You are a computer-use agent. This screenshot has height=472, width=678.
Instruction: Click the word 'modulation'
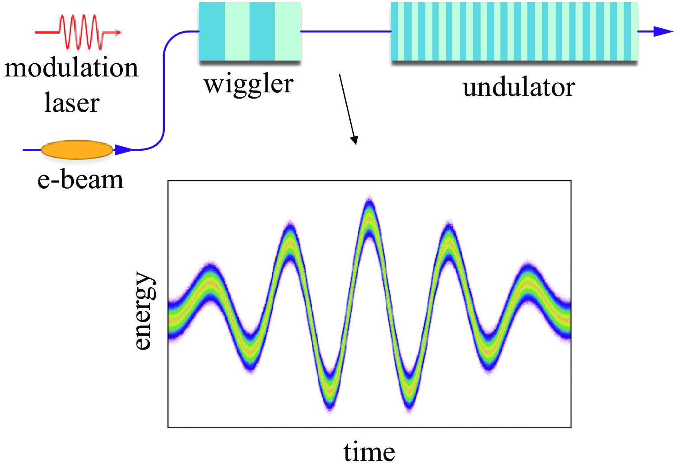click(72, 69)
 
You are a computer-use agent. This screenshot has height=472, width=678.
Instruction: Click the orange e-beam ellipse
click(77, 150)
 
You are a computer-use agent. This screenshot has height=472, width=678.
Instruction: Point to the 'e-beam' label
click(80, 180)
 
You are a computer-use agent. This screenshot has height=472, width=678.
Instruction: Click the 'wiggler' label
click(248, 84)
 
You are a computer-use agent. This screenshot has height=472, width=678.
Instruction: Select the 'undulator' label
click(519, 87)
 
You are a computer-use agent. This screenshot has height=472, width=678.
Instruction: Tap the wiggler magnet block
click(250, 32)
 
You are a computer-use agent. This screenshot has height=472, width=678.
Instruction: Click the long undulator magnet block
click(514, 32)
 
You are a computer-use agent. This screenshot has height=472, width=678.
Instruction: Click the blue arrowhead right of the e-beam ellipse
click(123, 150)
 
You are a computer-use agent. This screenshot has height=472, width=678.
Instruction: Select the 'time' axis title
click(369, 452)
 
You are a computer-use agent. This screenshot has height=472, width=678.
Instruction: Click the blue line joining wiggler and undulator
click(345, 31)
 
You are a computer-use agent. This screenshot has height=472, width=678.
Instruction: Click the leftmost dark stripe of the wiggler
click(212, 32)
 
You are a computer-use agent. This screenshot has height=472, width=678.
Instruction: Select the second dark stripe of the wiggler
click(262, 32)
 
